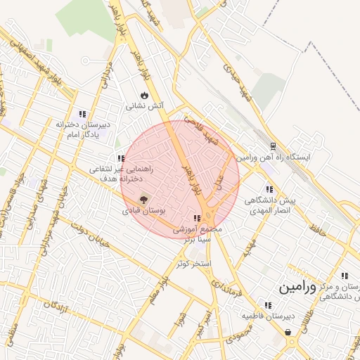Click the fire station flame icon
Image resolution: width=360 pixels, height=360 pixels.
pyautogui.click(x=143, y=95)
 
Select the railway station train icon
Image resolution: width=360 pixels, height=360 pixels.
pyautogui.click(x=272, y=146)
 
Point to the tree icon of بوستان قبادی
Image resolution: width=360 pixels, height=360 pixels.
pyautogui.click(x=144, y=200)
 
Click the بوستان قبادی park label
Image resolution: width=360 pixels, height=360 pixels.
pyautogui.click(x=143, y=210)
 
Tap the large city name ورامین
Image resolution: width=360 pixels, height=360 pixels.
pyautogui.click(x=300, y=288)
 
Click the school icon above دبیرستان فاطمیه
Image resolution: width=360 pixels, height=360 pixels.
pyautogui.click(x=268, y=305)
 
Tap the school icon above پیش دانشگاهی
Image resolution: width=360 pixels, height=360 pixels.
pyautogui.click(x=269, y=188)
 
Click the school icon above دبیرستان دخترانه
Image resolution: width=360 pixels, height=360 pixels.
pyautogui.click(x=83, y=113)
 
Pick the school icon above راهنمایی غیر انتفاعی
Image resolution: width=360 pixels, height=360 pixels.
pyautogui.click(x=121, y=158)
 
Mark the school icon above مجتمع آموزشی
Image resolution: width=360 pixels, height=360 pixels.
pyautogui.click(x=197, y=219)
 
